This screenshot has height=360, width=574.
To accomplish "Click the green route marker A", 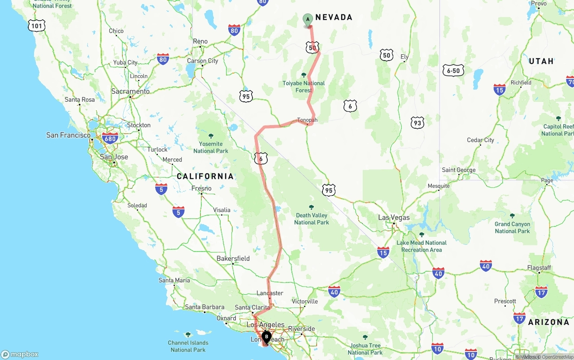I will pyautogui.click(x=308, y=19).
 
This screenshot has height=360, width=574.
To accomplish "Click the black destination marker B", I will pyautogui.click(x=266, y=337).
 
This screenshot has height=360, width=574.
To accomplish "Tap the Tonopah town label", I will pyautogui.click(x=307, y=120).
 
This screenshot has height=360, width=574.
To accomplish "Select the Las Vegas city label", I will pyautogui.click(x=394, y=217).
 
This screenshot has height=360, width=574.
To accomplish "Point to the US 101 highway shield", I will pyautogui.click(x=36, y=26).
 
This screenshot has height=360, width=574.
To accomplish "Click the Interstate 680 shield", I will pyautogui.click(x=110, y=138).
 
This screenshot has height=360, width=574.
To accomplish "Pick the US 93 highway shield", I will pyautogui.click(x=417, y=122).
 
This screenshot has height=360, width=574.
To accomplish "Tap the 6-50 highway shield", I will pyautogui.click(x=453, y=70).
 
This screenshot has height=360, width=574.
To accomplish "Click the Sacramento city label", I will pyautogui.click(x=130, y=91).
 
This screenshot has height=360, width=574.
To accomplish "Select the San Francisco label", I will pyautogui.click(x=69, y=135).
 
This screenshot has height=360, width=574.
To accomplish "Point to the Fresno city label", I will pyautogui.click(x=201, y=188).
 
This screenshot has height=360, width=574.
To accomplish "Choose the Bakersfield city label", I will pyautogui.click(x=233, y=259).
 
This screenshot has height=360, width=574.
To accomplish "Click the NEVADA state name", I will pyautogui.click(x=334, y=17).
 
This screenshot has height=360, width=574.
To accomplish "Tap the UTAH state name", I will pyautogui.click(x=541, y=61).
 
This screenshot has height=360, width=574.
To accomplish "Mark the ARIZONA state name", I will pyautogui.click(x=548, y=322).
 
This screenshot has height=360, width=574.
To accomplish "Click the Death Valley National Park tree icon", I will pyautogui.click(x=311, y=208).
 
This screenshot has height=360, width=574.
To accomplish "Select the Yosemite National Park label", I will pyautogui.click(x=211, y=147).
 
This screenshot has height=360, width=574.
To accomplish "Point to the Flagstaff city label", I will pyautogui.click(x=539, y=268).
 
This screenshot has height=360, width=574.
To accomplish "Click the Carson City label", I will pyautogui.click(x=203, y=61).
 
